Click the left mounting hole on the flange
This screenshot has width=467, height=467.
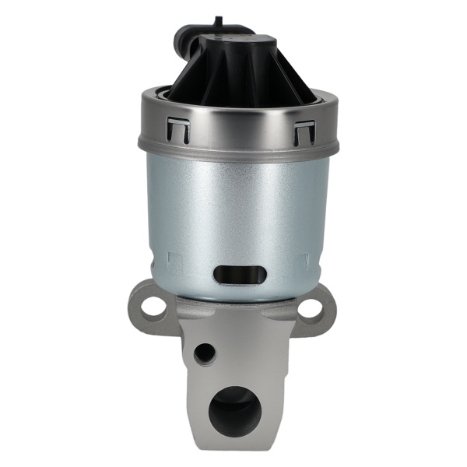[x=154, y=306]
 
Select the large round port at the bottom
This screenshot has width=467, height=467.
[x=234, y=410]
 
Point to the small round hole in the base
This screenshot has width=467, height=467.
[x=204, y=353]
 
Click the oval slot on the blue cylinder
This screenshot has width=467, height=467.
[x=240, y=275]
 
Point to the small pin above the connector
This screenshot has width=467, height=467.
[x=218, y=21]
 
